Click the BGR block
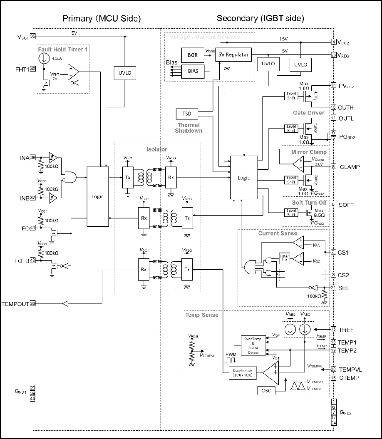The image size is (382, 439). (x=192, y=55)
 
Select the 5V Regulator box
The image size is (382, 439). (x=233, y=55)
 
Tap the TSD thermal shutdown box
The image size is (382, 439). (x=187, y=114)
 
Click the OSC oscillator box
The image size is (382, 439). (x=266, y=391)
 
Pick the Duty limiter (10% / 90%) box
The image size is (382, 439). (x=242, y=373)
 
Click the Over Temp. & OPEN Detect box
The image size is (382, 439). (x=253, y=346)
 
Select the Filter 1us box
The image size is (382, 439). (x=284, y=258)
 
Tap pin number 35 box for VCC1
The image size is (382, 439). (x=33, y=37)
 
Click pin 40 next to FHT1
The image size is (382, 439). (x=33, y=69)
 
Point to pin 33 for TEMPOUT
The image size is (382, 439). (x=33, y=304)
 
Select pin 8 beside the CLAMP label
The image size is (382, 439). (x=333, y=167)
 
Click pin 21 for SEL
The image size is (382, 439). (x=333, y=288)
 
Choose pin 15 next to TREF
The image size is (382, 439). (x=333, y=329)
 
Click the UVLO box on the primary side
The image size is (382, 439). (x=125, y=73)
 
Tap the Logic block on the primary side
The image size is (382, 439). (x=98, y=196)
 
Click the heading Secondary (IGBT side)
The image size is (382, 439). (x=260, y=18)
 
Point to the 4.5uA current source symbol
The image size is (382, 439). (x=44, y=58)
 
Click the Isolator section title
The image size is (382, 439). (x=157, y=149)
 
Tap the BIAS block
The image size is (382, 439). (x=193, y=71)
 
